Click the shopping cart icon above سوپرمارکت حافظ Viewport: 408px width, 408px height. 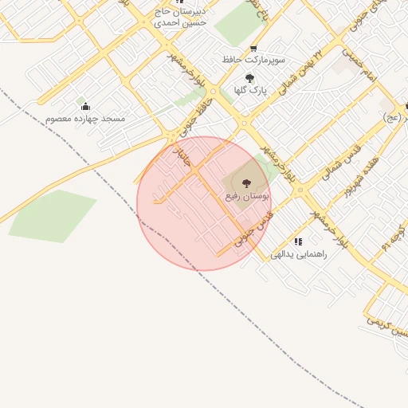(253, 48)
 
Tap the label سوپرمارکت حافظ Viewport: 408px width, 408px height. (253, 60)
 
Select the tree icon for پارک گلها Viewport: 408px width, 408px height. (249, 78)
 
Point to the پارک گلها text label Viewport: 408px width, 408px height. (249, 90)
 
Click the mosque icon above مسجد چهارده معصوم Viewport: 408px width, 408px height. (85, 106)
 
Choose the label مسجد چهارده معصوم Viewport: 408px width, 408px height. (85, 118)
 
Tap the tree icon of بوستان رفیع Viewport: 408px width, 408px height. (245, 183)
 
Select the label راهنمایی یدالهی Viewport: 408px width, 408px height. (298, 254)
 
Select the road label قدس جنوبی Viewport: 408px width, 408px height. (253, 229)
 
